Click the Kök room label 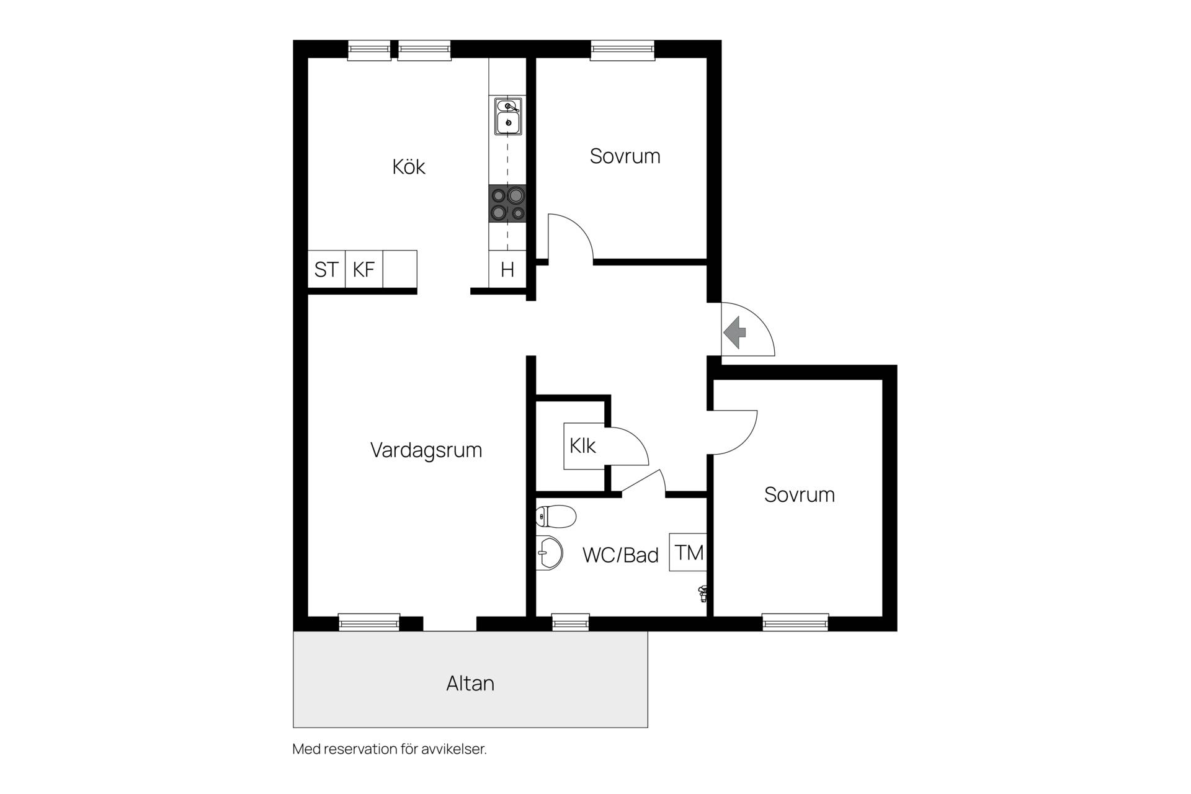(409, 166)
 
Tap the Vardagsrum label (426, 450)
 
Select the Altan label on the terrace (470, 683)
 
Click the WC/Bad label (620, 555)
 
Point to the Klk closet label (582, 445)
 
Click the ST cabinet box (326, 269)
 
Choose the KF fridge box (364, 269)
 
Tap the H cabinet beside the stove (507, 269)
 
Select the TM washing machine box (688, 552)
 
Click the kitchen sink (508, 116)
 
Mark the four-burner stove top (507, 204)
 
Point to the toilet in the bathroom (556, 515)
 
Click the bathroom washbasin (549, 551)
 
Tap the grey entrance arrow (735, 332)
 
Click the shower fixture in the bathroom (703, 594)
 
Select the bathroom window (571, 622)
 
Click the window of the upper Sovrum (622, 50)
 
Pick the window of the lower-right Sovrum (795, 622)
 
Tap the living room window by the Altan (369, 622)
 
